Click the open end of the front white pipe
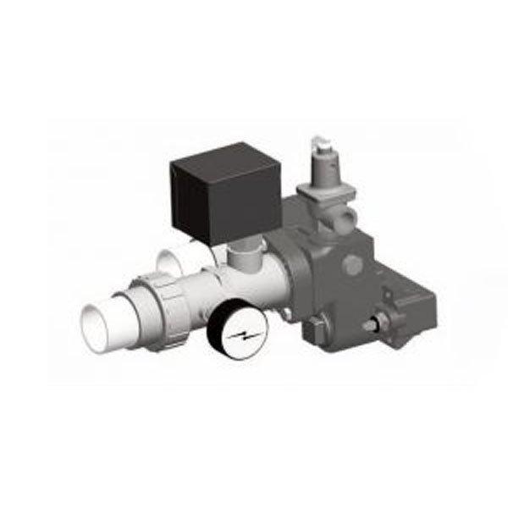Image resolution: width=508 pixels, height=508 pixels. [x=100, y=323]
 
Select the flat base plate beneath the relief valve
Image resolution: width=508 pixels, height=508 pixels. [x=334, y=207]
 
